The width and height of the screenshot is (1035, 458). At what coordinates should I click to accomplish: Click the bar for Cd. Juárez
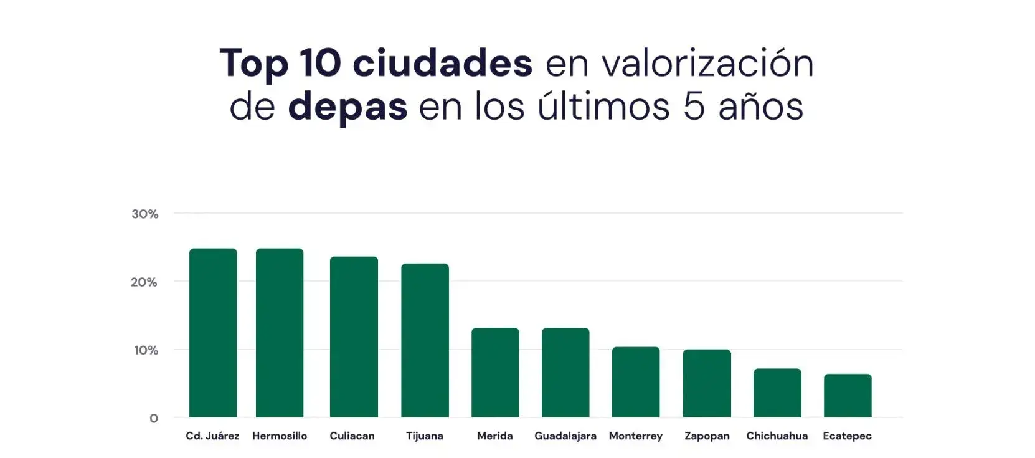[x=213, y=333]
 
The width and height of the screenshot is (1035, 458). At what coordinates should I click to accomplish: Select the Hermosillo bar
[x=280, y=333]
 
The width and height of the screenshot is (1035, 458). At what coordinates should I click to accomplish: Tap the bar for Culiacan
[x=354, y=336]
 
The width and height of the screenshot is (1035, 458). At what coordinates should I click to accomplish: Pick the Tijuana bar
[x=425, y=340]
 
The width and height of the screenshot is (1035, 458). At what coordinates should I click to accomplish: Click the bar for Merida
[x=495, y=373]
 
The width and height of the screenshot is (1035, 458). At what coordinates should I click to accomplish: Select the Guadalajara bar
[x=565, y=373]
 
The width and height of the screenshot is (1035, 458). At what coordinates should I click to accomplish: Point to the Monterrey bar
[x=636, y=382]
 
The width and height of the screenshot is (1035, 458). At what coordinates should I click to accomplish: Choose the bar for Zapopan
[x=707, y=383]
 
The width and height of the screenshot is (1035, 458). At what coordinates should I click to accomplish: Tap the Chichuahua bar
[x=777, y=393]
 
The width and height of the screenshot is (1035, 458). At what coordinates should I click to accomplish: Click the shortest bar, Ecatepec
[x=848, y=396]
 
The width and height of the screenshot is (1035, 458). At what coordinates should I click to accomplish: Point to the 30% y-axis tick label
[x=144, y=214]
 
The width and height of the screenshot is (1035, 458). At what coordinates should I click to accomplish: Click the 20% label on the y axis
[x=144, y=282]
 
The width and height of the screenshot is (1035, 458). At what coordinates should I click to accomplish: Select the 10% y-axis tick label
[x=146, y=350]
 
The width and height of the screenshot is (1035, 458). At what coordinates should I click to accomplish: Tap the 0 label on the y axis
[x=154, y=419]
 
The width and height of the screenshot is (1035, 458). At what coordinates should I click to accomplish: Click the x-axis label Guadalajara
[x=565, y=436]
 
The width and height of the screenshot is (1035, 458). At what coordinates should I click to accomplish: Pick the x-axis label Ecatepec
[x=847, y=436]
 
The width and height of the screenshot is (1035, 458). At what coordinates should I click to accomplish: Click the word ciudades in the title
[x=442, y=63]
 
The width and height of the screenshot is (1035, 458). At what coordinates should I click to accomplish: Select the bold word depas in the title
[x=347, y=107]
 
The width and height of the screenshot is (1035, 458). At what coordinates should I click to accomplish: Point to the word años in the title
[x=760, y=106]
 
